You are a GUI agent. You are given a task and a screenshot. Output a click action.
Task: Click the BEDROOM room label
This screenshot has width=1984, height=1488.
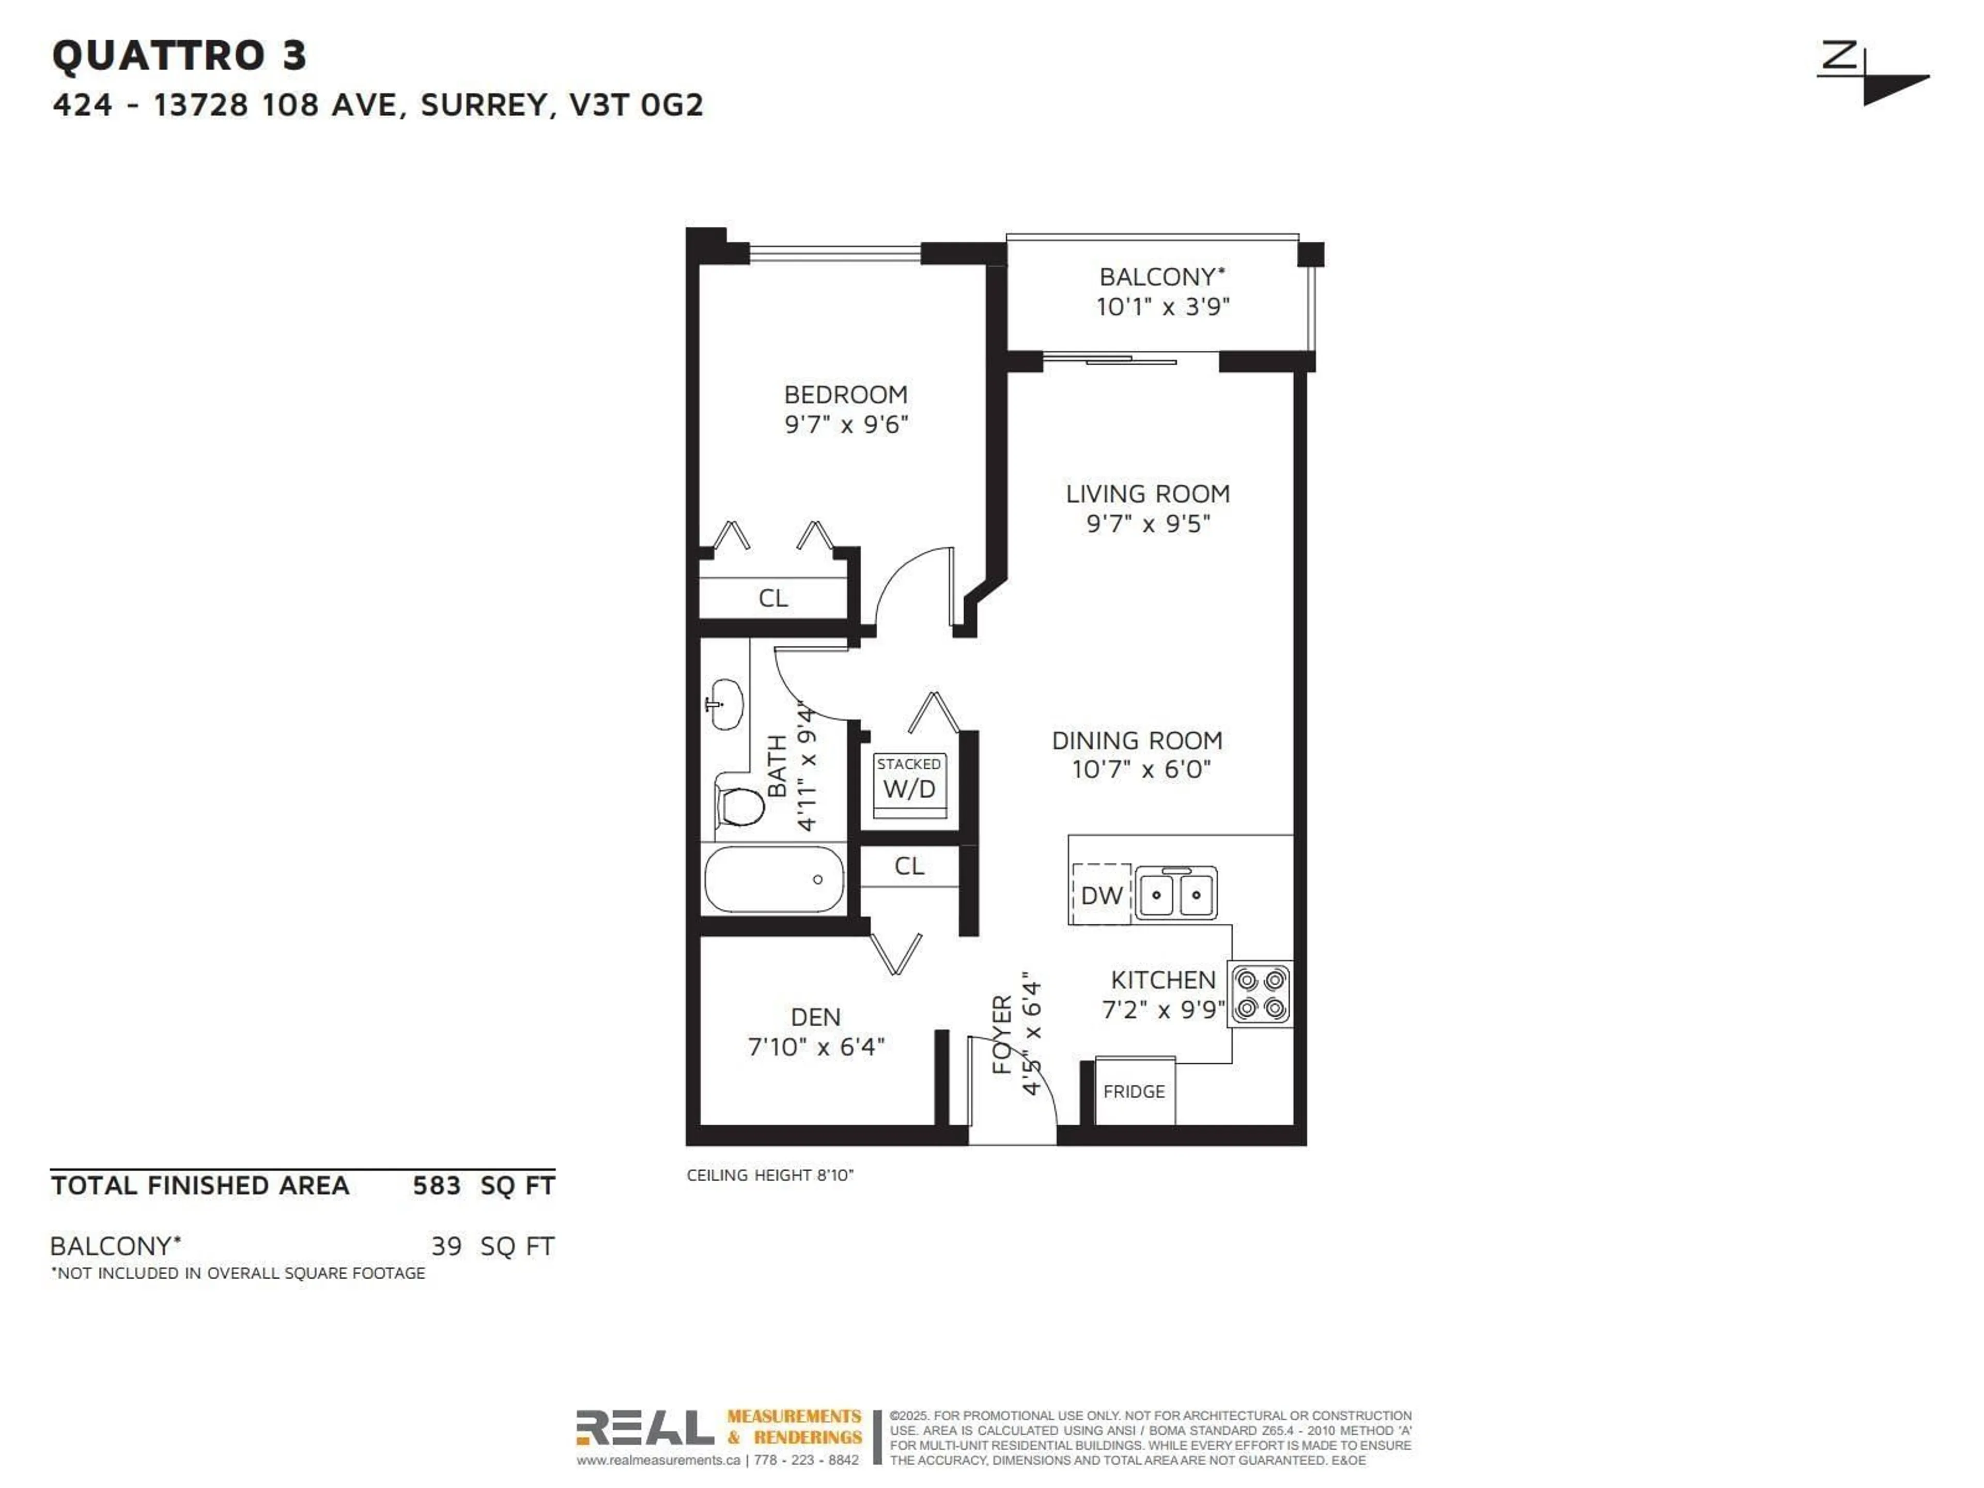tap(846, 395)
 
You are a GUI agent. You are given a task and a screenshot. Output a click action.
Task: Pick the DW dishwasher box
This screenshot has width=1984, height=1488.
tap(1102, 894)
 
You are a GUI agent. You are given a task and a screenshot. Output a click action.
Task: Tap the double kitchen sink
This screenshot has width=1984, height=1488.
tap(1176, 893)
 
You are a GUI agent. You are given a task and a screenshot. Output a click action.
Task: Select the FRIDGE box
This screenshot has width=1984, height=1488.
tap(1135, 1092)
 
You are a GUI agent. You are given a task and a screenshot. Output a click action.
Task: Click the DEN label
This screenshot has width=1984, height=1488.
tap(815, 1017)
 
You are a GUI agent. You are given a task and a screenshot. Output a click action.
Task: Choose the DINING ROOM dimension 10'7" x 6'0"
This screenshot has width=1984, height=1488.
tap(1141, 769)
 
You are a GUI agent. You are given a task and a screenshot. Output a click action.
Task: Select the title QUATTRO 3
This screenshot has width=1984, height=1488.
tap(179, 56)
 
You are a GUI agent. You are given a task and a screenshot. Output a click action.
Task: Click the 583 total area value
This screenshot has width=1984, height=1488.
tap(436, 1186)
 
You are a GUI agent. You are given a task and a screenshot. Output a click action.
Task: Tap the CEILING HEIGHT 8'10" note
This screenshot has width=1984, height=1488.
tap(769, 1175)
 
